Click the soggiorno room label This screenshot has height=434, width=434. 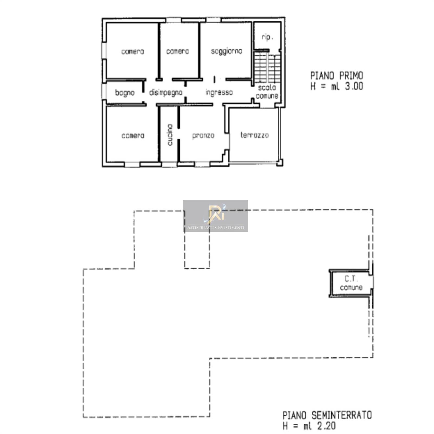tap(226, 51)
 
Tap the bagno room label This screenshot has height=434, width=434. tap(125, 93)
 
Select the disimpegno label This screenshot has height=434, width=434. tap(166, 93)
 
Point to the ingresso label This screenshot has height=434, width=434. tap(219, 93)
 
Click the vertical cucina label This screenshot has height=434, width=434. tap(170, 135)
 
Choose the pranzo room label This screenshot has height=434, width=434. tap(203, 136)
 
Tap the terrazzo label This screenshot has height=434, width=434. tap(254, 135)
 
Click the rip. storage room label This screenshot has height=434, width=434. tap(267, 37)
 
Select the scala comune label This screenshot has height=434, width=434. tap(267, 92)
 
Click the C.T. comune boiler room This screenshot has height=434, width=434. tap(351, 283)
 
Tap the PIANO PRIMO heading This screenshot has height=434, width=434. tap(337, 75)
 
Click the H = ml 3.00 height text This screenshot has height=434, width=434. tap(337, 86)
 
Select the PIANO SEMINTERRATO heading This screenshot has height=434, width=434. tap(327, 415)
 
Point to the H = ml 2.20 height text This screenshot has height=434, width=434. tap(309, 426)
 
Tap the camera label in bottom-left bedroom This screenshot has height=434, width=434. tap(133, 136)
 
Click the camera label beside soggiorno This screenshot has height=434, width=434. tap(177, 51)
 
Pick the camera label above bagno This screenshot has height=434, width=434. tap(133, 51)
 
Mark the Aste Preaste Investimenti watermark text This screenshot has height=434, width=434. tap(216, 228)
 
